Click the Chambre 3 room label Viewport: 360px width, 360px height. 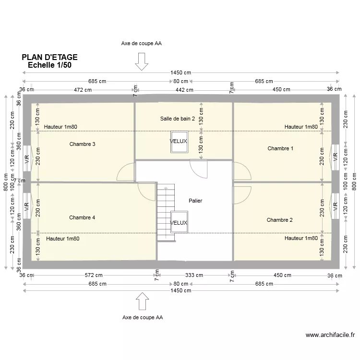pyautogui.click(x=82, y=144)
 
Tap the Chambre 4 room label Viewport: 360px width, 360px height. pyautogui.click(x=82, y=217)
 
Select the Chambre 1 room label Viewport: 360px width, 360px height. pyautogui.click(x=280, y=148)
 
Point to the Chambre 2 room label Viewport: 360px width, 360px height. pyautogui.click(x=280, y=220)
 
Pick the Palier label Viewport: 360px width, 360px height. pyautogui.click(x=195, y=201)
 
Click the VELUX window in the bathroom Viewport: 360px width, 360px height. pyautogui.click(x=179, y=142)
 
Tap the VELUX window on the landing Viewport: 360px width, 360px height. pyautogui.click(x=179, y=223)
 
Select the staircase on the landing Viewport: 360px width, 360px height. pyautogui.click(x=163, y=213)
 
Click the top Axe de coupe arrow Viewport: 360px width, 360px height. pyautogui.click(x=142, y=61)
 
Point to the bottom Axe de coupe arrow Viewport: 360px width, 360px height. pyautogui.click(x=142, y=302)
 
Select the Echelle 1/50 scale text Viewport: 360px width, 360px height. pyautogui.click(x=50, y=65)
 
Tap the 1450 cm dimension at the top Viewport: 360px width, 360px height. pyautogui.click(x=180, y=72)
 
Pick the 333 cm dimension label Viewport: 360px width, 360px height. pyautogui.click(x=193, y=275)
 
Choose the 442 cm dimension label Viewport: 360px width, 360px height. pyautogui.click(x=183, y=89)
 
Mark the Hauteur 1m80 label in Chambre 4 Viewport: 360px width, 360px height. pyautogui.click(x=63, y=239)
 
